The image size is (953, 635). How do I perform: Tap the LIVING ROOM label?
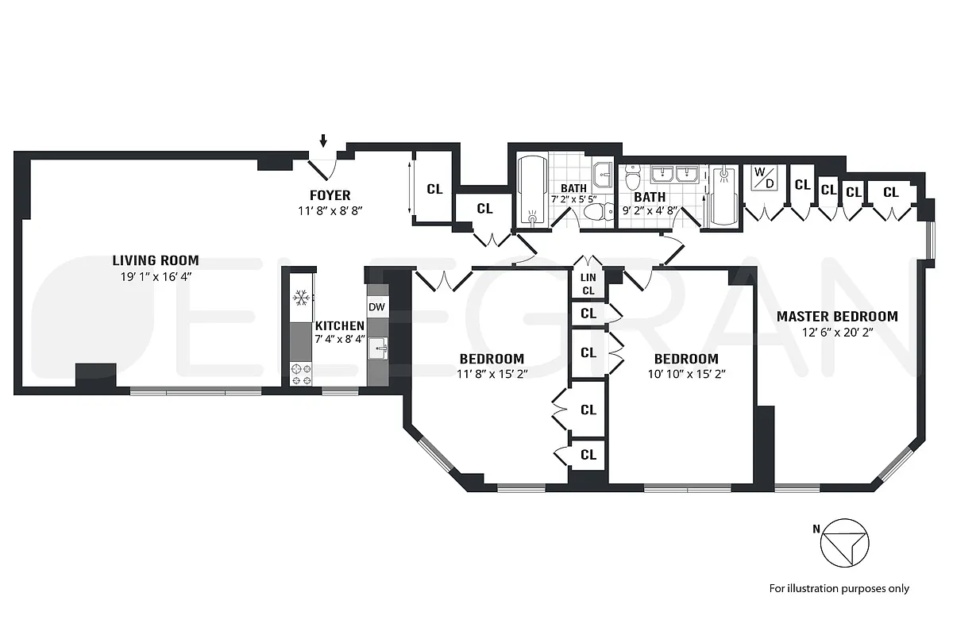156,260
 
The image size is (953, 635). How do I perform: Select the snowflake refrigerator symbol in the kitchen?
301,299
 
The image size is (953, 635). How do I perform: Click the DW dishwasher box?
376,306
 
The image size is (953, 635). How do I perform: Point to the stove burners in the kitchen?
301,374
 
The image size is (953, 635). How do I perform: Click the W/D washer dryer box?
763,179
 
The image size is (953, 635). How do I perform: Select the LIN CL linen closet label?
588,283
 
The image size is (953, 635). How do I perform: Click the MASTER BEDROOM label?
837,316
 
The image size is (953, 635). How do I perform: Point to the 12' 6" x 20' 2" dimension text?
837,332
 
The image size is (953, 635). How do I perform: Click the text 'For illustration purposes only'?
839,588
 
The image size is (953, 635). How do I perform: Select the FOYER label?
330,195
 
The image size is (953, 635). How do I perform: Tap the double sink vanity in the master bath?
675,175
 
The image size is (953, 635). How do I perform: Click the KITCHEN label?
339,325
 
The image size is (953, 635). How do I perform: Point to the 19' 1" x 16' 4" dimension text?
156,276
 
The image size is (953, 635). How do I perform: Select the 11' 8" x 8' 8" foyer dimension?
330,210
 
